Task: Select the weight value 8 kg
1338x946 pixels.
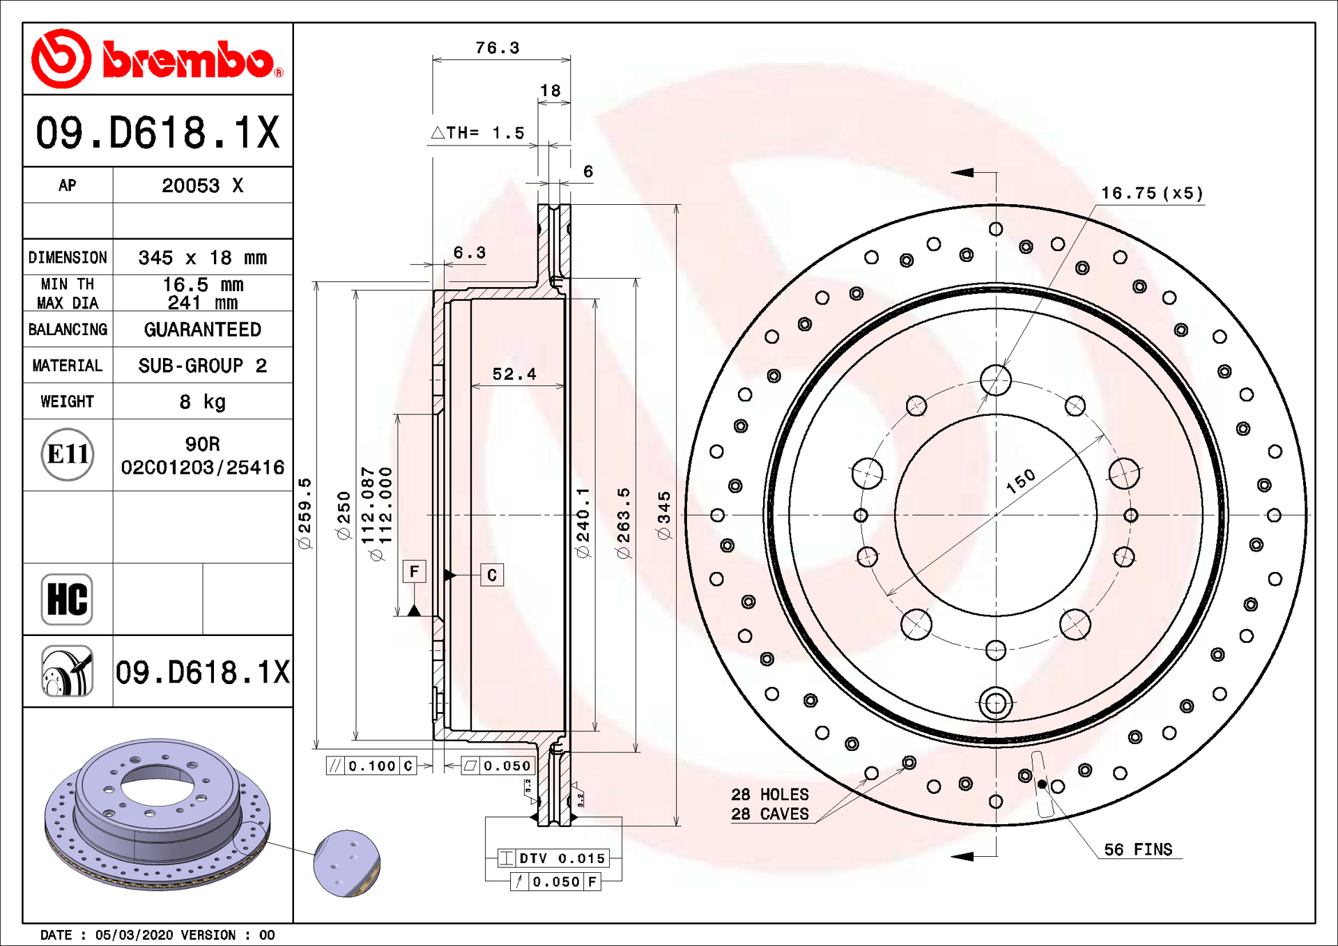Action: (202, 402)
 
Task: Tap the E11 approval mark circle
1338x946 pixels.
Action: (68, 454)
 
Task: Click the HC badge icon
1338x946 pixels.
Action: (67, 599)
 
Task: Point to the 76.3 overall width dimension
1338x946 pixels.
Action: (497, 48)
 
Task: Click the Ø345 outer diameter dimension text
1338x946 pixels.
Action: (663, 515)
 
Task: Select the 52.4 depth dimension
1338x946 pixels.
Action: (514, 374)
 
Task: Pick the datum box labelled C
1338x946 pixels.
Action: (492, 575)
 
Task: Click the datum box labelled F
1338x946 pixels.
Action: (414, 572)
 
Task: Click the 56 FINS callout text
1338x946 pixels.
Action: (1138, 849)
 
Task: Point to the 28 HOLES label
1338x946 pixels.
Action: (770, 794)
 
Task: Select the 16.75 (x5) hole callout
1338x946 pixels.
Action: (1152, 193)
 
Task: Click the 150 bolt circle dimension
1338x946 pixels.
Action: (1021, 481)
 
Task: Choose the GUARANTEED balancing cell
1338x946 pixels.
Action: (203, 329)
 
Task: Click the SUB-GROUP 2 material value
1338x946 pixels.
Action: (203, 366)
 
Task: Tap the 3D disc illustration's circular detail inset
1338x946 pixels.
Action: (346, 863)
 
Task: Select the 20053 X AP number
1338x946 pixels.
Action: (203, 185)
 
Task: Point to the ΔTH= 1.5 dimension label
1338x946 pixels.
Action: (478, 132)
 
